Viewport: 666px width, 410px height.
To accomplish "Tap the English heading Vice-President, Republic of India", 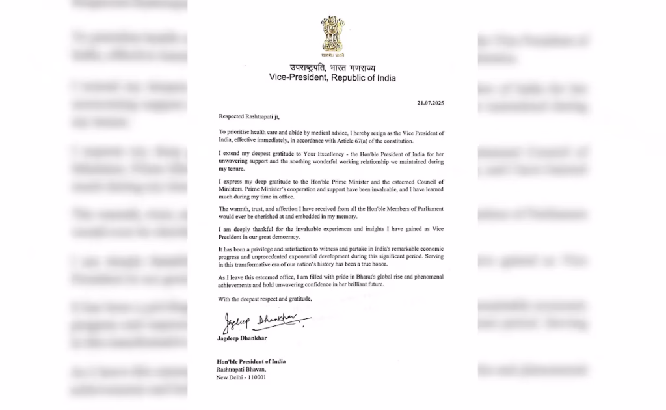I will [332, 77].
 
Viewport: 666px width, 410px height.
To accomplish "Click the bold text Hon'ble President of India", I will [251, 361].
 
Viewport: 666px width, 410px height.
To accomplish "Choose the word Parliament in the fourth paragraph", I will [426, 208].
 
